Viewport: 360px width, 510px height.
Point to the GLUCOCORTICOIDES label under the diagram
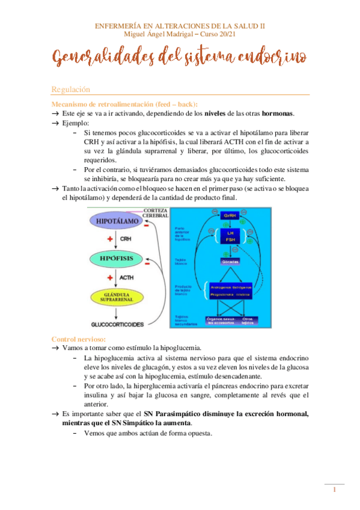pos(117,324)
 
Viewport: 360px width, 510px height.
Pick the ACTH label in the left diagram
pos(127,277)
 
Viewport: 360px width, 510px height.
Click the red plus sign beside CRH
pos(110,239)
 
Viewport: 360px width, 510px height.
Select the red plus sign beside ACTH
pos(110,277)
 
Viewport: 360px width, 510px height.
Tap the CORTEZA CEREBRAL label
pos(156,212)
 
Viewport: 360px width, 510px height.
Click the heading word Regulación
pos(70,89)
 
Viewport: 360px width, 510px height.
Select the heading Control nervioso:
pos(79,339)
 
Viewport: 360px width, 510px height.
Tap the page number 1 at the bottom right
pos(334,490)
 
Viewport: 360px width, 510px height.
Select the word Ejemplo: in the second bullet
pos(75,123)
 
